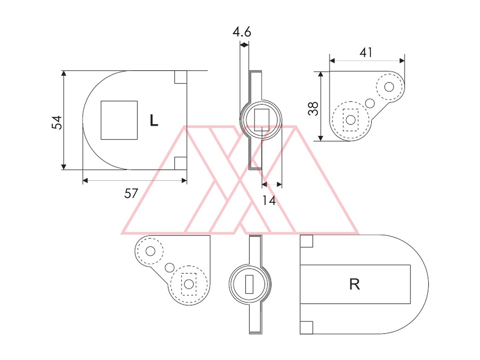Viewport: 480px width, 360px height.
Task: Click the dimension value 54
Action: tap(57, 123)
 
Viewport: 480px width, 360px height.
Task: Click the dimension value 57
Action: tap(131, 194)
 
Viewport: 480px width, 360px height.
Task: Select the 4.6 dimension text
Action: tap(242, 32)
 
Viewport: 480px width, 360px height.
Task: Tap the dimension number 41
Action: tap(366, 53)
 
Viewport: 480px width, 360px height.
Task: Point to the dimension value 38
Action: tap(313, 109)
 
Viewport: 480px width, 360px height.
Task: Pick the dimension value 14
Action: tap(269, 201)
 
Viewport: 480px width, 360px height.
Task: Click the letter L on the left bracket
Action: tap(154, 121)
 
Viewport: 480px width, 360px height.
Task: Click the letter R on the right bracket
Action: tap(355, 284)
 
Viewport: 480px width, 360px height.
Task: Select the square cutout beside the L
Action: tap(119, 121)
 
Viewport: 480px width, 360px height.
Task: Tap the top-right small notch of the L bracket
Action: tap(181, 77)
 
